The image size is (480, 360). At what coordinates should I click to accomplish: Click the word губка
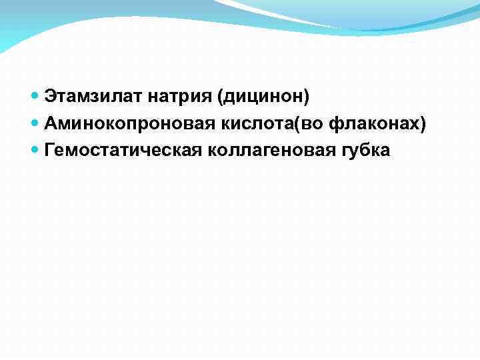[x=365, y=151]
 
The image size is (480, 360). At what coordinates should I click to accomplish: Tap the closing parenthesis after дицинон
[x=307, y=99]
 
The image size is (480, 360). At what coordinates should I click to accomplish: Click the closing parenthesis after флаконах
[x=423, y=125]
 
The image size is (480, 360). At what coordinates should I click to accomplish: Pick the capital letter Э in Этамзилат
[x=51, y=98]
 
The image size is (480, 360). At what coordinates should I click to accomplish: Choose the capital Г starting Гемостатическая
[x=50, y=150]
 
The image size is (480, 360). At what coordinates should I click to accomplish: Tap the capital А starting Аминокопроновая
[x=51, y=124]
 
